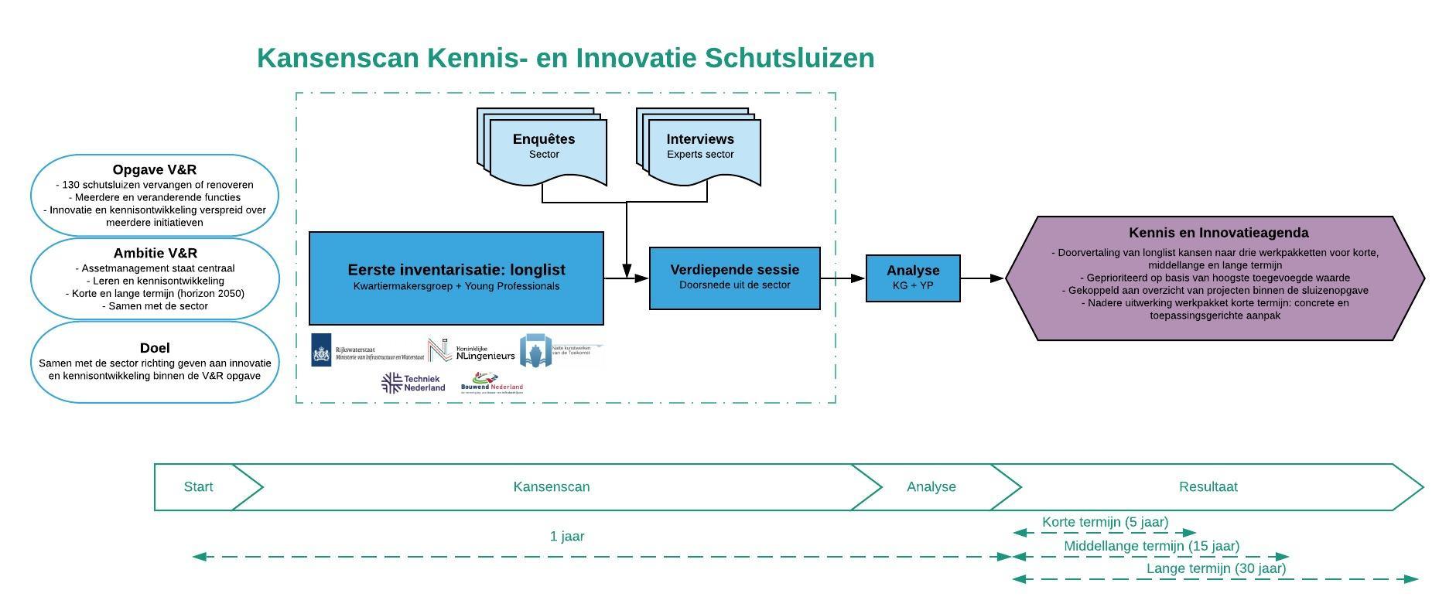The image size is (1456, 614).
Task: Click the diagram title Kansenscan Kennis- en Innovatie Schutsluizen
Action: pos(566,58)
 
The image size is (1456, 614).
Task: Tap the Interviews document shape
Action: pos(700,147)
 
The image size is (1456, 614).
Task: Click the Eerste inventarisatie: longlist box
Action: pos(456,278)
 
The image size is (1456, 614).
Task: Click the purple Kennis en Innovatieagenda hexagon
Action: pos(1215,278)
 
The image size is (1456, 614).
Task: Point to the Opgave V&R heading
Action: pos(155,170)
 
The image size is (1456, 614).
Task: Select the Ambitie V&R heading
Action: pos(155,253)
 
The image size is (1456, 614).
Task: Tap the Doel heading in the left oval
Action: pos(155,348)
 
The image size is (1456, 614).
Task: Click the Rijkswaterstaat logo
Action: pos(368,351)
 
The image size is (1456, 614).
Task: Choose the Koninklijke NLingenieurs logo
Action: pos(472,350)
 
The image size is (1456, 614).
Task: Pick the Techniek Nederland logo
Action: pos(413,383)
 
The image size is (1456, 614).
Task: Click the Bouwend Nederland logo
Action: pos(491,383)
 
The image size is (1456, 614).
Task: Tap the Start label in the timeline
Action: pos(198,487)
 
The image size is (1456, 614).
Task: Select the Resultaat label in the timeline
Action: pos(1208,487)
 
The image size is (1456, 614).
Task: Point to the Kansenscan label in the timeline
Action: pos(551,487)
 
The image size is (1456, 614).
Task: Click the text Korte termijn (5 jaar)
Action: pos(1105,522)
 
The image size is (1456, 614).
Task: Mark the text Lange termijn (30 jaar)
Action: pos(1215,568)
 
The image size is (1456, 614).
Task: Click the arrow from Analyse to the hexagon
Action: pos(982,278)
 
